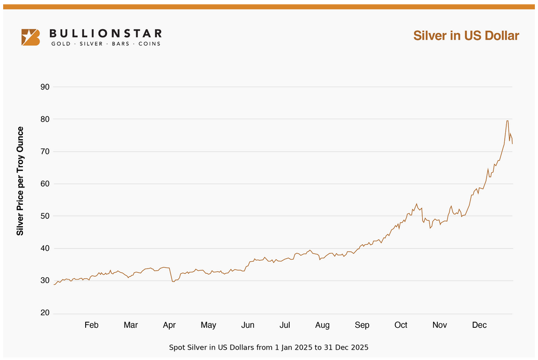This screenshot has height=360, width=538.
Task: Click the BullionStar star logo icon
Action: (x=30, y=37)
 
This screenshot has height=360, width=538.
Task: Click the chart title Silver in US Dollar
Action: (x=466, y=35)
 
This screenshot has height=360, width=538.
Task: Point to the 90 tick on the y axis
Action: (x=45, y=87)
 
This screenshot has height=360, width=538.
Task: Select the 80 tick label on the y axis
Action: (x=45, y=119)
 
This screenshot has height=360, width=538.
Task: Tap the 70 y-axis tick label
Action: (x=45, y=151)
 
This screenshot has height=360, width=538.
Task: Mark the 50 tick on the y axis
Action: (x=45, y=216)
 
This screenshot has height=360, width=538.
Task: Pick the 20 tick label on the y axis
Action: (x=45, y=313)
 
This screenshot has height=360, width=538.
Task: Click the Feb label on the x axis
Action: (x=91, y=325)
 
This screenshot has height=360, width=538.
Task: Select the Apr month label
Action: (x=169, y=325)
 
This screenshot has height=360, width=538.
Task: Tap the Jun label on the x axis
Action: (x=248, y=325)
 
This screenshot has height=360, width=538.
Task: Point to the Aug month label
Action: (x=322, y=325)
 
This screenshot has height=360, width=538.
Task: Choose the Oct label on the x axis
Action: (x=401, y=325)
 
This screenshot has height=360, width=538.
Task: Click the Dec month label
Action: (x=479, y=325)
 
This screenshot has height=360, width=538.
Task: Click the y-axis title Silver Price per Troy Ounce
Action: (x=20, y=181)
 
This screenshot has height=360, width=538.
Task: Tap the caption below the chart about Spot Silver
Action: (x=268, y=347)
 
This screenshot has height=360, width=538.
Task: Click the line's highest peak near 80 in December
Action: (x=507, y=121)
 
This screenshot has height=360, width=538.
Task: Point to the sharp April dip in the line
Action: (x=173, y=281)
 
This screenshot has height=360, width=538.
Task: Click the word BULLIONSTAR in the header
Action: (x=105, y=34)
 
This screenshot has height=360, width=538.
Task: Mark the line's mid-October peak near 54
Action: (x=416, y=204)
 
